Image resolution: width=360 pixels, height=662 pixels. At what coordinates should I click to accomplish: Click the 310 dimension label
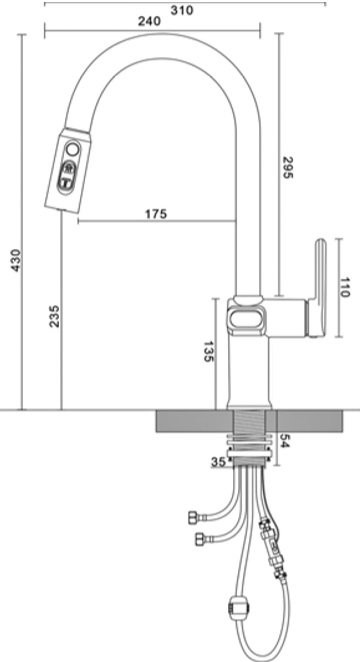tap(182, 10)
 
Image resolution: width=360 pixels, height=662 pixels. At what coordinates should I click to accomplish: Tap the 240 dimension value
tap(149, 21)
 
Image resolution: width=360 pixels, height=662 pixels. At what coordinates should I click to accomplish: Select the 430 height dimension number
tap(15, 260)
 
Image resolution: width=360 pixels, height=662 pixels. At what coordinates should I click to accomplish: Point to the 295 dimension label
tap(287, 168)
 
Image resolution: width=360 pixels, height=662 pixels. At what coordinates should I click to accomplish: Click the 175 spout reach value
tap(156, 214)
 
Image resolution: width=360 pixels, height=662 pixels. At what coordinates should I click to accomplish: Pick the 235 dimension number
tap(55, 316)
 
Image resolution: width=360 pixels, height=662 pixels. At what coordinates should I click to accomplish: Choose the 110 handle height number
tap(345, 288)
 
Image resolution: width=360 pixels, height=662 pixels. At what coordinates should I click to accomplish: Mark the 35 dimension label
tap(218, 462)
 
